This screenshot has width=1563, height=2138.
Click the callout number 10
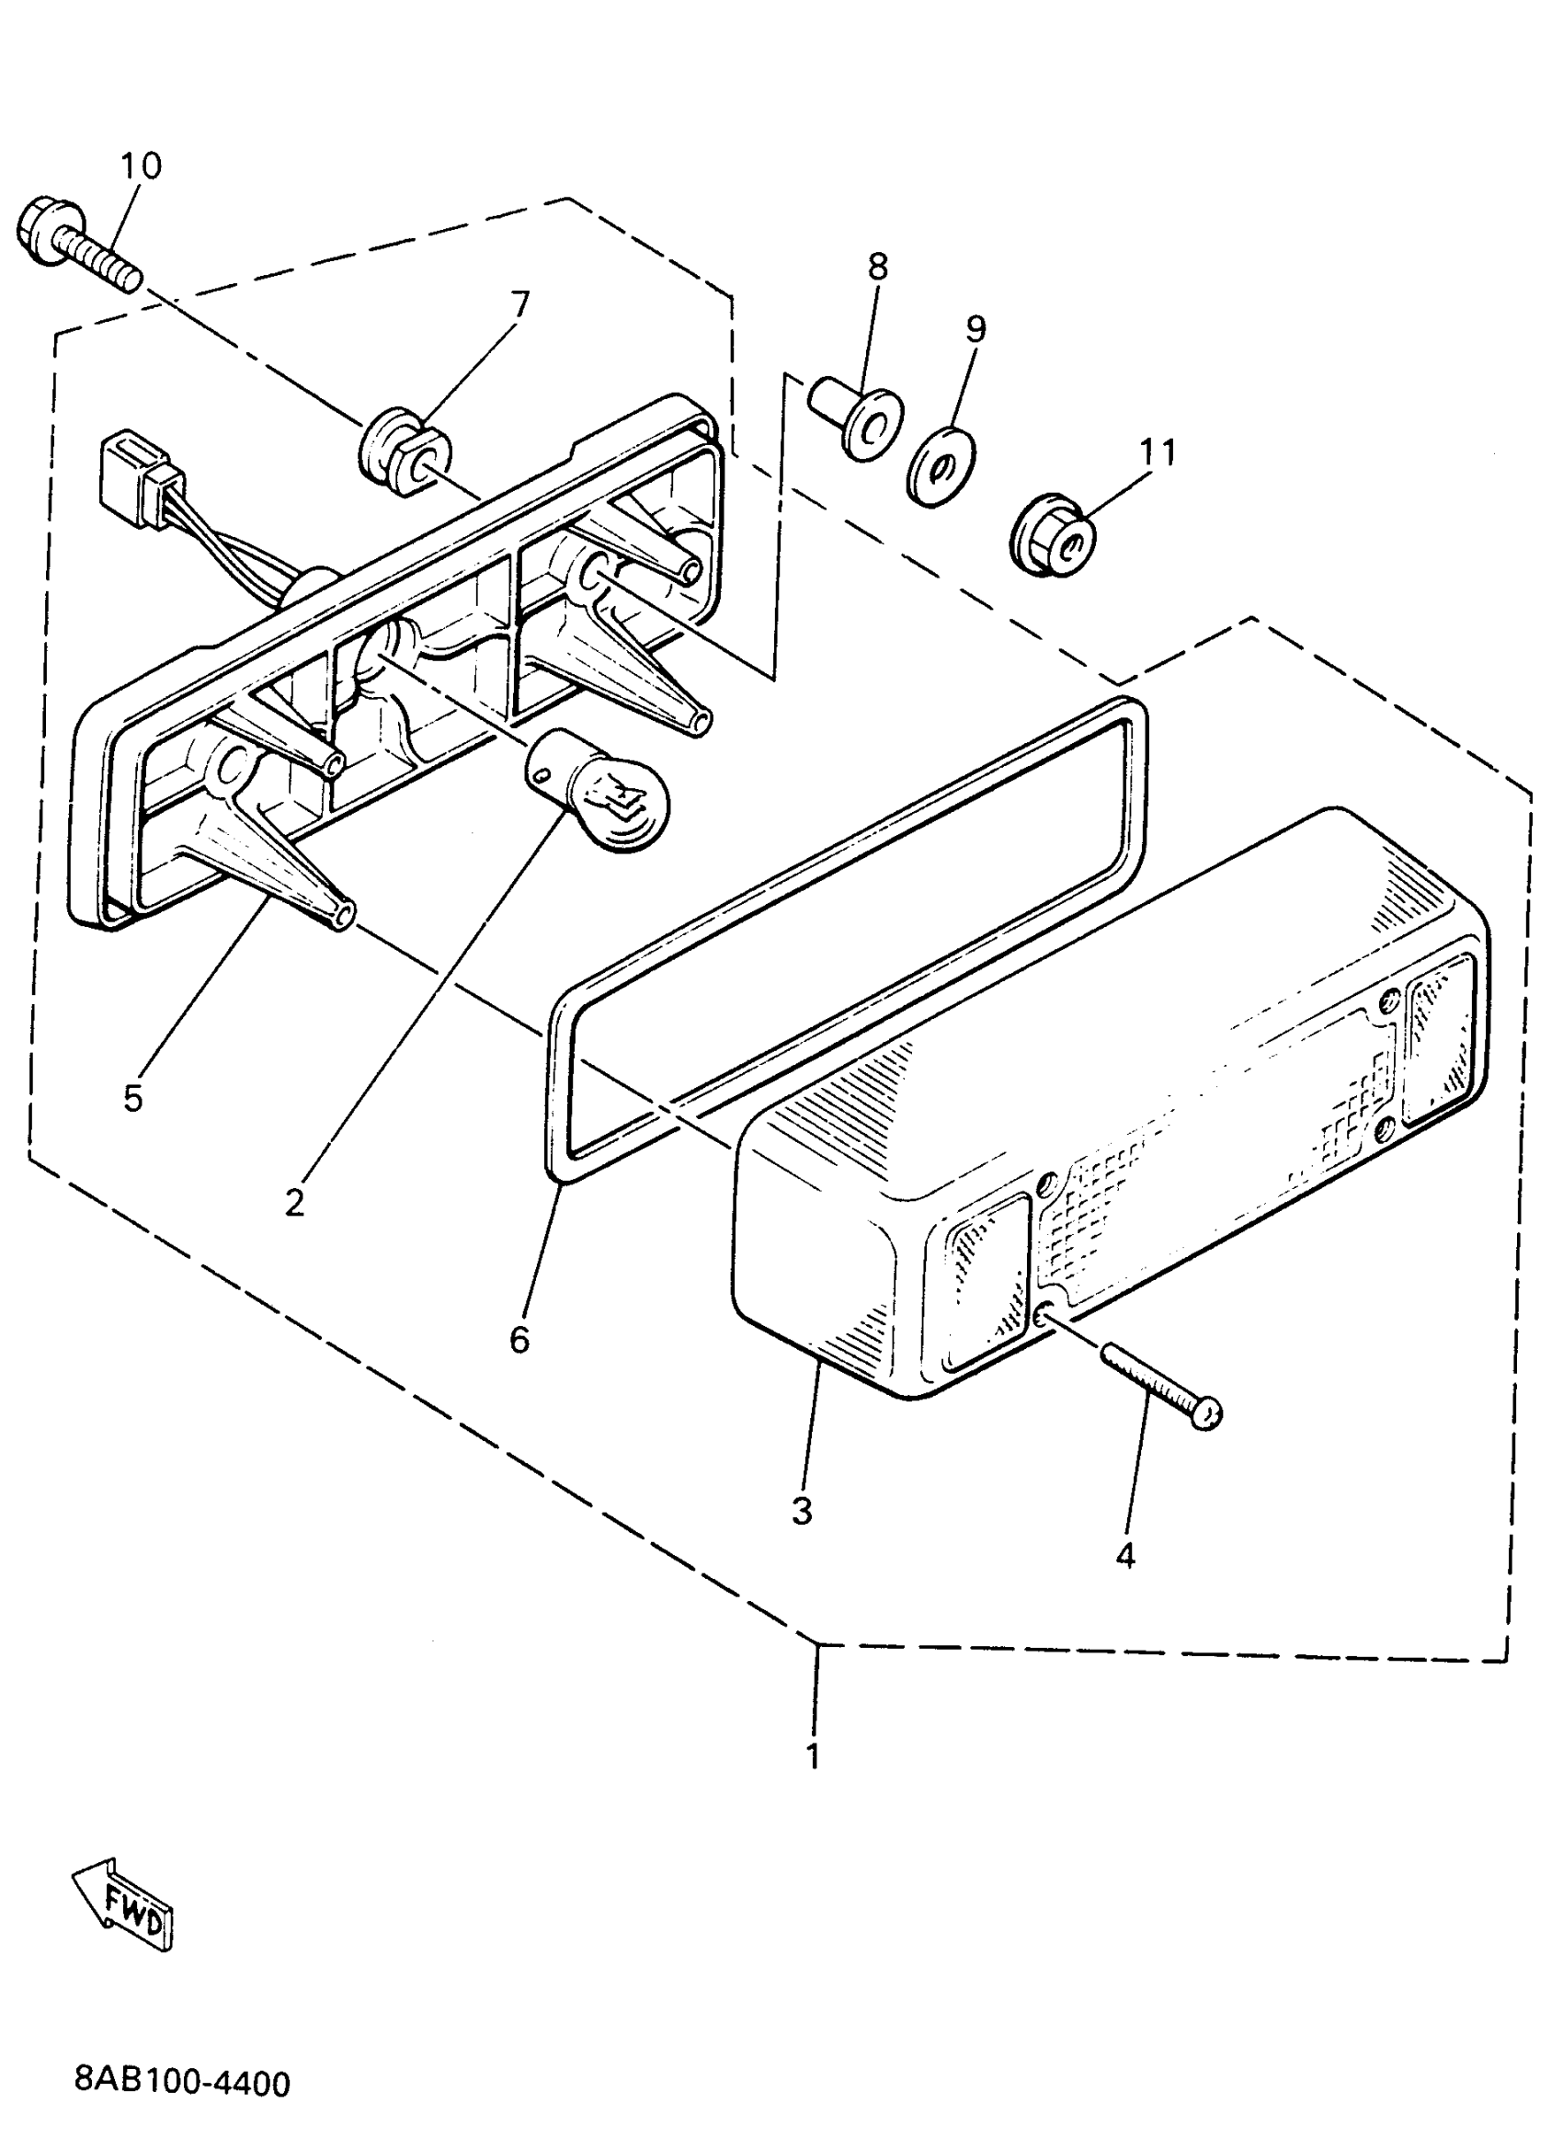[x=141, y=166]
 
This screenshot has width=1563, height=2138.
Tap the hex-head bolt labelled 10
[x=75, y=242]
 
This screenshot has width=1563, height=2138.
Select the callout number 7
[x=519, y=304]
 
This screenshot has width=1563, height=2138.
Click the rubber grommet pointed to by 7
[x=405, y=451]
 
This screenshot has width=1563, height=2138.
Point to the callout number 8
[x=877, y=267]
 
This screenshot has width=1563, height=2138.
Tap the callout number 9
[x=975, y=328]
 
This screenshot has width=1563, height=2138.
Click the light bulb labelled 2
[x=598, y=791]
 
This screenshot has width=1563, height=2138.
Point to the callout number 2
[x=294, y=1203]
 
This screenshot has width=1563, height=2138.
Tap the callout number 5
[x=132, y=1098]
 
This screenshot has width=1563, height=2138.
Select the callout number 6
[x=519, y=1340]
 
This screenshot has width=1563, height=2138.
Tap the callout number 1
[x=812, y=1755]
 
